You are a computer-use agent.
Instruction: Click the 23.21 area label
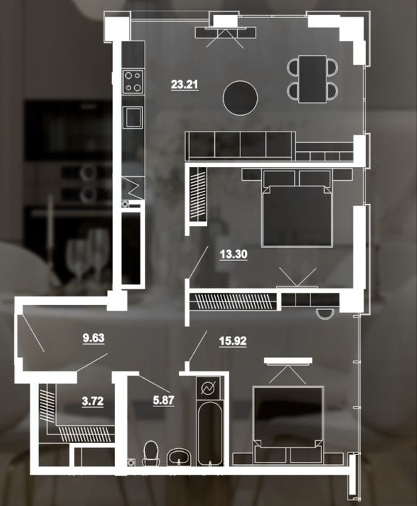click(x=185, y=85)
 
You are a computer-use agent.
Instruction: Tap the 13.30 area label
click(x=234, y=254)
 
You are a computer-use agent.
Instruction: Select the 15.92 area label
click(x=232, y=340)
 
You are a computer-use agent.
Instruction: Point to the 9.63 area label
click(x=93, y=338)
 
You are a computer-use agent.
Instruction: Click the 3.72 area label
click(x=93, y=401)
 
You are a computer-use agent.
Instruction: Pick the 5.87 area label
click(x=164, y=400)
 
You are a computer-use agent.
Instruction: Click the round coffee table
click(x=240, y=98)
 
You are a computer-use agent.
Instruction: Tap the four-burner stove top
click(x=133, y=81)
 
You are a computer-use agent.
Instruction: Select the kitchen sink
click(x=133, y=117)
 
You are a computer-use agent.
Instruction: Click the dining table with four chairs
click(x=312, y=79)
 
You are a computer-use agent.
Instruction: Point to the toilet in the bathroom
click(x=151, y=453)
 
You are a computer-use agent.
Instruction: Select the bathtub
click(x=210, y=433)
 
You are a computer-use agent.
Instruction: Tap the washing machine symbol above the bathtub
click(x=208, y=388)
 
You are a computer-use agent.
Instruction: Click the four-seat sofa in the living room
click(x=240, y=146)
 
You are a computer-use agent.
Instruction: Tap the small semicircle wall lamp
click(x=325, y=313)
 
